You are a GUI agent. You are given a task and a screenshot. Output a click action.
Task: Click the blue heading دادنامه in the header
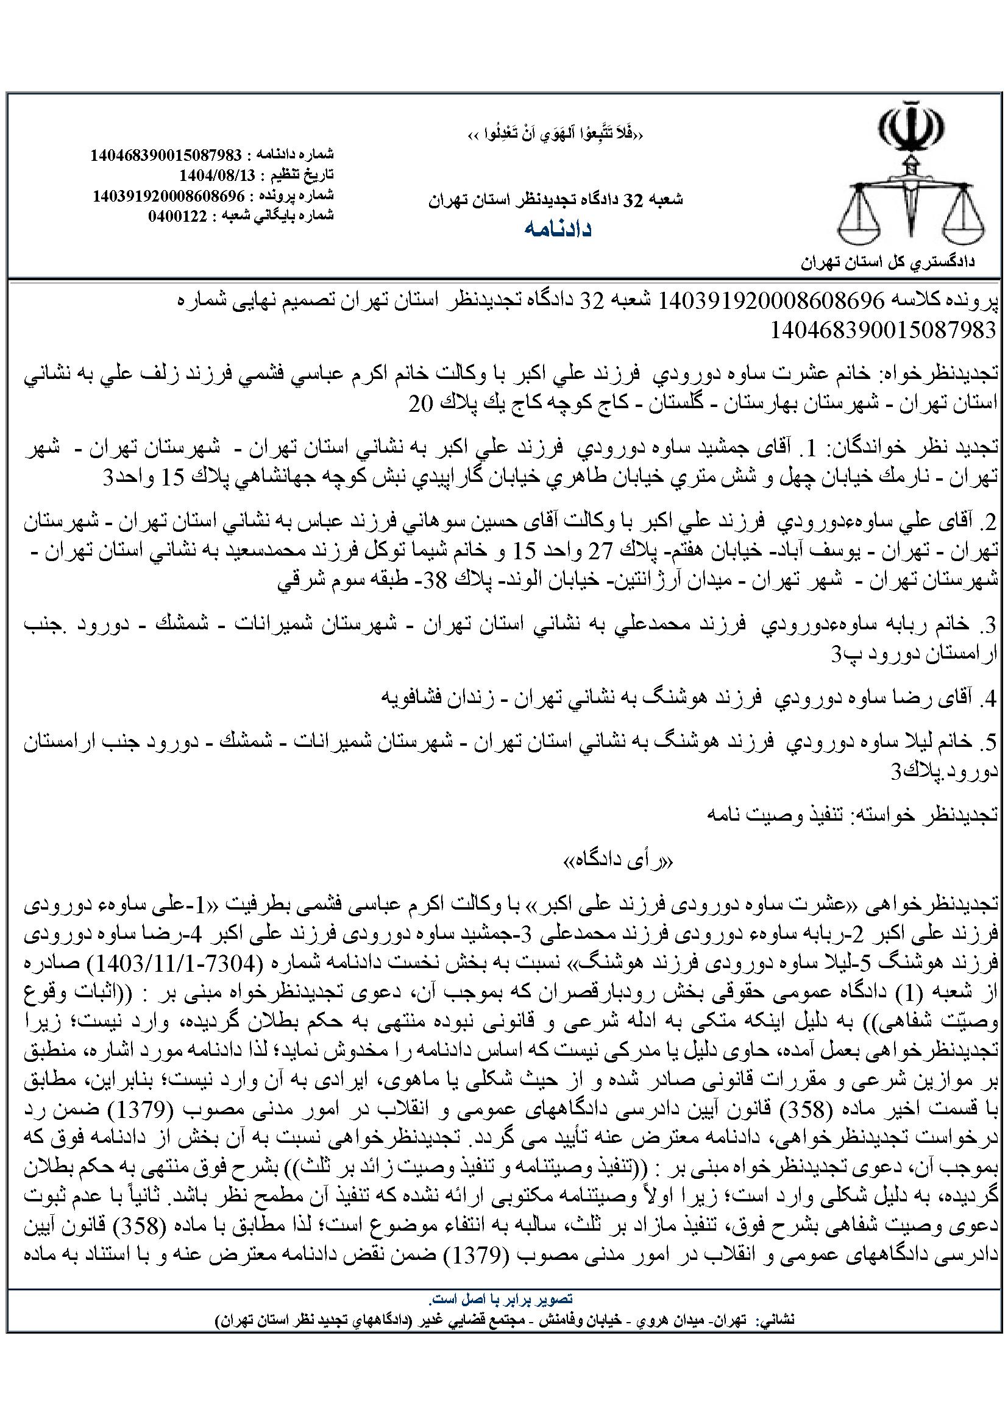[x=558, y=229]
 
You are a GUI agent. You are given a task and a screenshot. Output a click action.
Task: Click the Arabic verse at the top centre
[x=556, y=135]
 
